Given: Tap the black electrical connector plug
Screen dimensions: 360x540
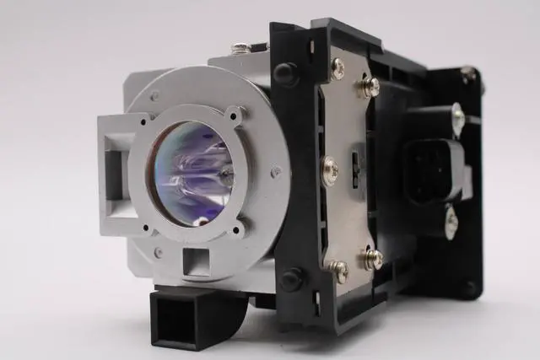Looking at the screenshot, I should (433, 169).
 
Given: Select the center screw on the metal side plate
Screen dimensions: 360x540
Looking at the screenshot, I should (330, 171).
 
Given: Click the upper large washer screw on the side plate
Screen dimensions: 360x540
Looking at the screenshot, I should (369, 86).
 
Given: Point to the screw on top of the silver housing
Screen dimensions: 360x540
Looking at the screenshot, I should (241, 48).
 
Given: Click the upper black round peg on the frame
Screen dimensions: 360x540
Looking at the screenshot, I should (284, 73).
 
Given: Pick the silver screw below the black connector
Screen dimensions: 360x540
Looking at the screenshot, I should (451, 222).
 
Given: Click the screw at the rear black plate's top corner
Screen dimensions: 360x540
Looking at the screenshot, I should (467, 73).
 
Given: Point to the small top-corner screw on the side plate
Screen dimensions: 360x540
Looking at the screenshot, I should (337, 68).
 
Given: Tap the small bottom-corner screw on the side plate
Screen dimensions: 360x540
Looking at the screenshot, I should (339, 271).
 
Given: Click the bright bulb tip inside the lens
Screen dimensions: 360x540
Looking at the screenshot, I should (224, 175).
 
